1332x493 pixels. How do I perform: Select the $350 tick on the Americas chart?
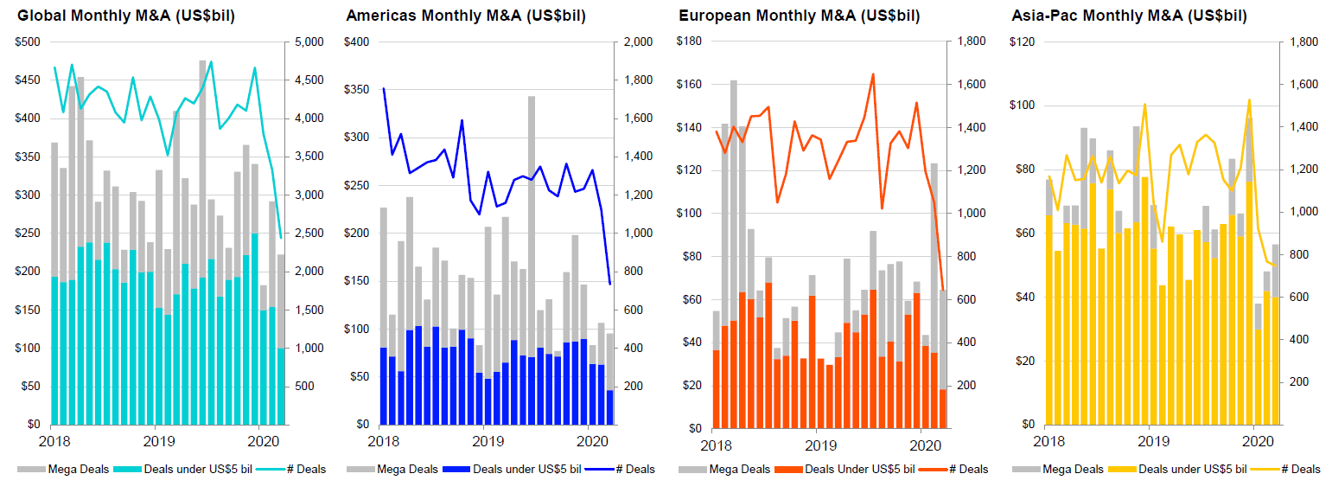click(357, 89)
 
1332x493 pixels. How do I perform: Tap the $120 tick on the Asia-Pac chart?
click(1023, 42)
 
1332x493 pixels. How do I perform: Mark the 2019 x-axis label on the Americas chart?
click(488, 442)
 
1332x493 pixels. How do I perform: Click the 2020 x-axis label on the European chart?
click(927, 445)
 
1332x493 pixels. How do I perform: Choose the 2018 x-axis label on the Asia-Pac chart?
click(1048, 442)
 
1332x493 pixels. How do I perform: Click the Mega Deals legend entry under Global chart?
click(61, 470)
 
